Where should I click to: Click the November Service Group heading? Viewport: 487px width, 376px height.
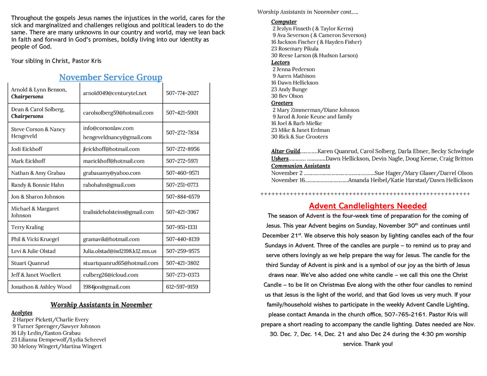pos(110,77)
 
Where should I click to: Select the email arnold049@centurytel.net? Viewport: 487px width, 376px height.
pos(115,93)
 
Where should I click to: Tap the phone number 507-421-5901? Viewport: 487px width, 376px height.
pos(182,113)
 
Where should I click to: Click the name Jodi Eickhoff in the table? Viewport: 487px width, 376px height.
pos(27,149)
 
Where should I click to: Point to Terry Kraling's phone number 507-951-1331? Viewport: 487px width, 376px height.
pos(182,227)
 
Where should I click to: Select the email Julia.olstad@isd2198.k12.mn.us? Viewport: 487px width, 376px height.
pos(119,251)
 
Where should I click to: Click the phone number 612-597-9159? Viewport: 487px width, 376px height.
pos(182,287)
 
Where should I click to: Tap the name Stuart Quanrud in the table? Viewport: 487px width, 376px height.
pos(30,263)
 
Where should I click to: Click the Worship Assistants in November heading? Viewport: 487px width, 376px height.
pos(101,305)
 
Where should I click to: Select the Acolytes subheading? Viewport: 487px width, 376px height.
pos(22,313)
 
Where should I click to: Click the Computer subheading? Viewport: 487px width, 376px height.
pos(284,21)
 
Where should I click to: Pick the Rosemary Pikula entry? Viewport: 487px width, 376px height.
pos(295,49)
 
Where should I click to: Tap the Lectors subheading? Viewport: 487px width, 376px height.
pos(280,62)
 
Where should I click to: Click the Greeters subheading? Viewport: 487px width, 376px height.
pos(282,103)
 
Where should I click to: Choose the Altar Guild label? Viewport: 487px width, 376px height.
pos(286,151)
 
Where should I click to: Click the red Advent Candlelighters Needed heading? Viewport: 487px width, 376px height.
pos(368,206)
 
